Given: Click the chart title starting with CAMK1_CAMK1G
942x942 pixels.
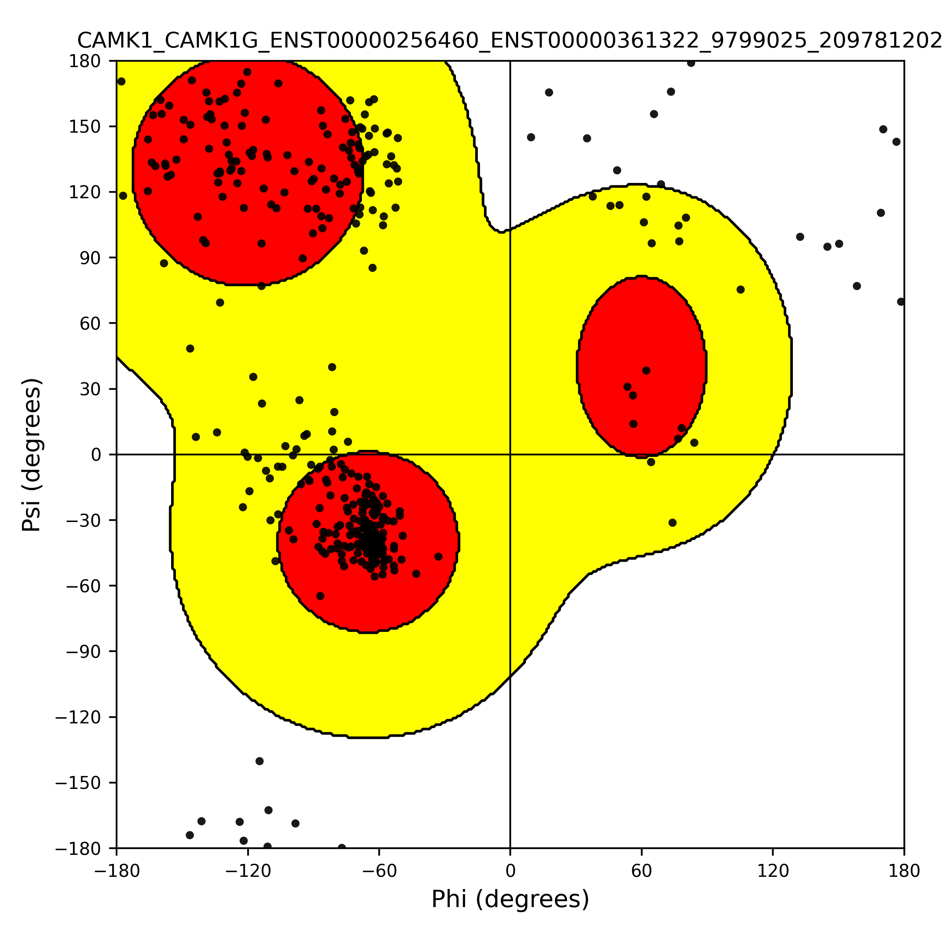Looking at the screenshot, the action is point(509,41).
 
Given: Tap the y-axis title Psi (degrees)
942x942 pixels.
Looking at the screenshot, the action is point(31,455).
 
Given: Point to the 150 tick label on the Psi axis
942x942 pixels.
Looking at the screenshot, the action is point(84,127).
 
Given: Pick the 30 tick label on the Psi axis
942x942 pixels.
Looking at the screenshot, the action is point(90,389).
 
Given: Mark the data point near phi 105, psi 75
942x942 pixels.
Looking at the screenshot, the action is point(740,290).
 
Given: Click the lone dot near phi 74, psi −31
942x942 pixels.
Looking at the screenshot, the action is point(672,523).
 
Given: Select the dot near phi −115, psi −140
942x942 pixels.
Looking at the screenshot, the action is point(259,761).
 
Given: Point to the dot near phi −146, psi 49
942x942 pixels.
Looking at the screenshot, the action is point(190,349).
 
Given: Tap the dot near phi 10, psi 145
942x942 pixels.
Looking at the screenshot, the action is point(531,137).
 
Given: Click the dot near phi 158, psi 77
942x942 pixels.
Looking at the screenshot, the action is point(857,286).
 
